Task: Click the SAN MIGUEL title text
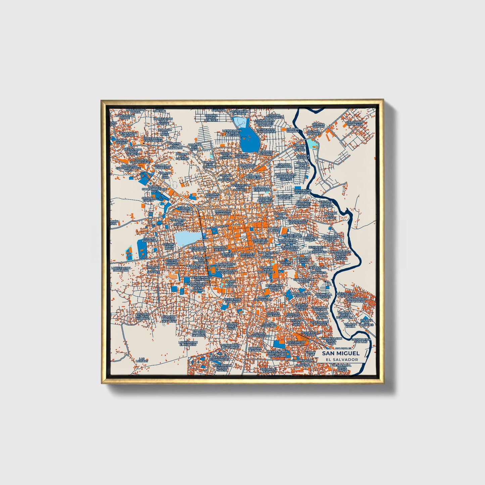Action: [x=341, y=353]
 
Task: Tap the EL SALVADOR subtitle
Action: [x=341, y=359]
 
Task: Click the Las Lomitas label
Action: [x=143, y=360]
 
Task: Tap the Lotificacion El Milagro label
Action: [x=188, y=343]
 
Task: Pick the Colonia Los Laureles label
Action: [x=367, y=323]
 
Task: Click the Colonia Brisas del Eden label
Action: [x=211, y=117]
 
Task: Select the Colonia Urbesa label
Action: [x=186, y=209]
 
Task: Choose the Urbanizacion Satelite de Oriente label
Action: [x=285, y=177]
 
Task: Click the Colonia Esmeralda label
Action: [x=283, y=165]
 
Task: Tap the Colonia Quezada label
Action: [x=274, y=314]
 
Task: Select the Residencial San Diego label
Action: [x=233, y=300]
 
